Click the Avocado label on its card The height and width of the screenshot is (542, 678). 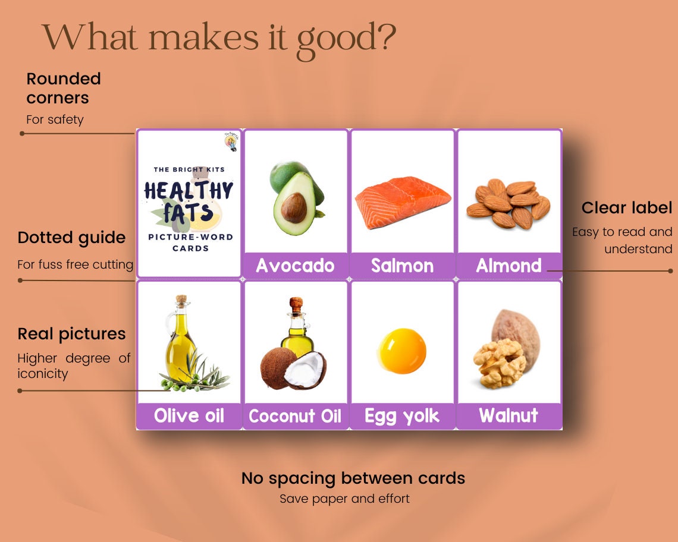click(295, 266)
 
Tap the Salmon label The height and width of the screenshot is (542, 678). click(402, 266)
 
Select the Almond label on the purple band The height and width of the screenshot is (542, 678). click(508, 266)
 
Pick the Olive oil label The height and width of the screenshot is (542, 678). click(189, 415)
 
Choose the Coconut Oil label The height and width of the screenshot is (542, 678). click(295, 416)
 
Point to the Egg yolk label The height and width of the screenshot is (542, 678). click(402, 416)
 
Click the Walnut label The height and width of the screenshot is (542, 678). click(508, 415)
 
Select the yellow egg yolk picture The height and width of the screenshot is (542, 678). click(403, 347)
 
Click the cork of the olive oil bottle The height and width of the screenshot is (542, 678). click(179, 300)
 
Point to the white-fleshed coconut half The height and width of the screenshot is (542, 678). click(305, 370)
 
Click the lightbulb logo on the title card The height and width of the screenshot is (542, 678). click(230, 142)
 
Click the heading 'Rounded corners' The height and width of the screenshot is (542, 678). click(64, 88)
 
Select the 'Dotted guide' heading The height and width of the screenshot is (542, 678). click(71, 238)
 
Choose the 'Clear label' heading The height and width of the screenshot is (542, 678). click(627, 208)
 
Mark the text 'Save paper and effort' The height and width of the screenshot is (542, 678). click(344, 499)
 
